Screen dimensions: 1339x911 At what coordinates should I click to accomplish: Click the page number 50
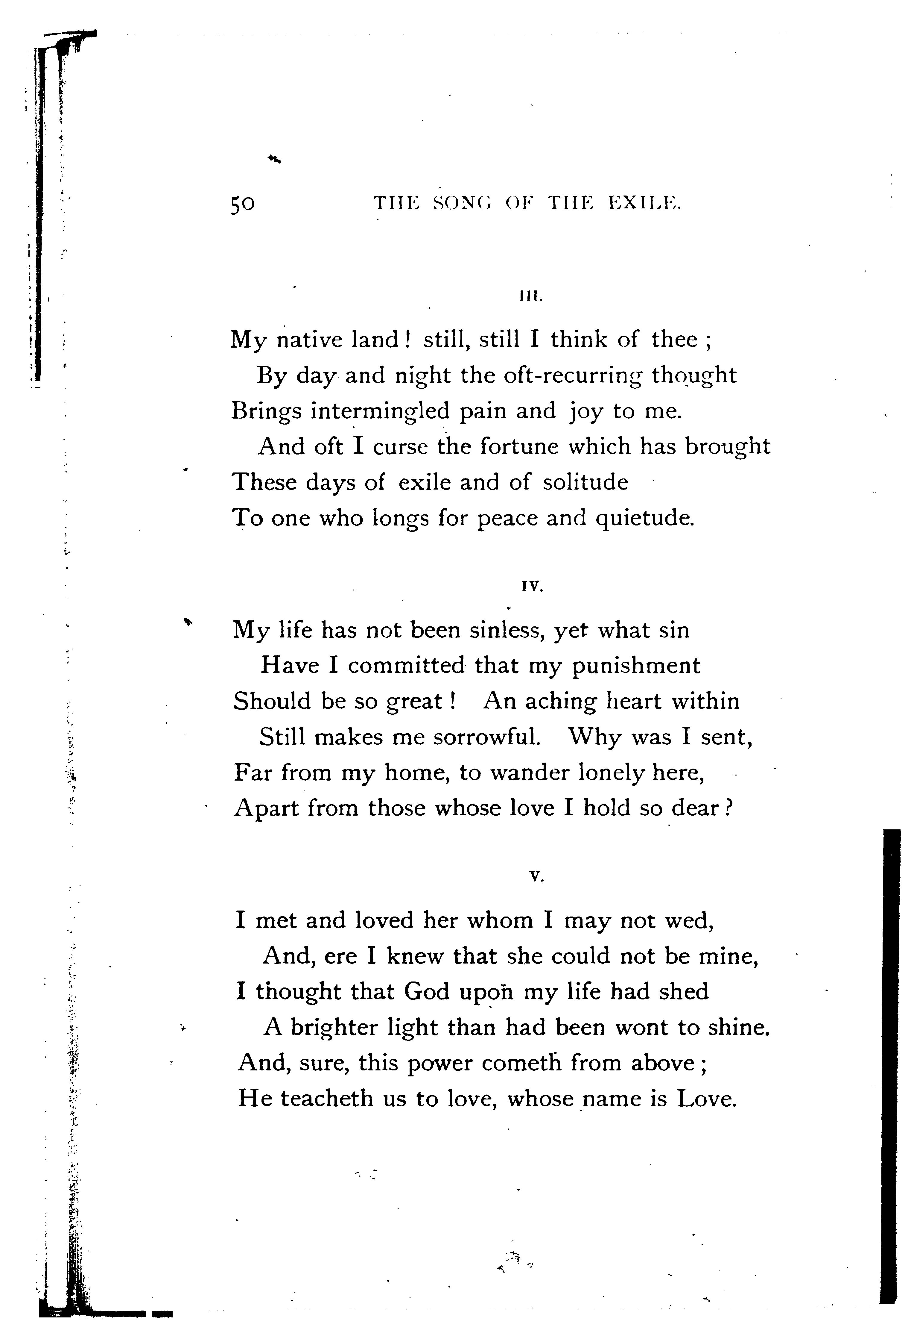(242, 205)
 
